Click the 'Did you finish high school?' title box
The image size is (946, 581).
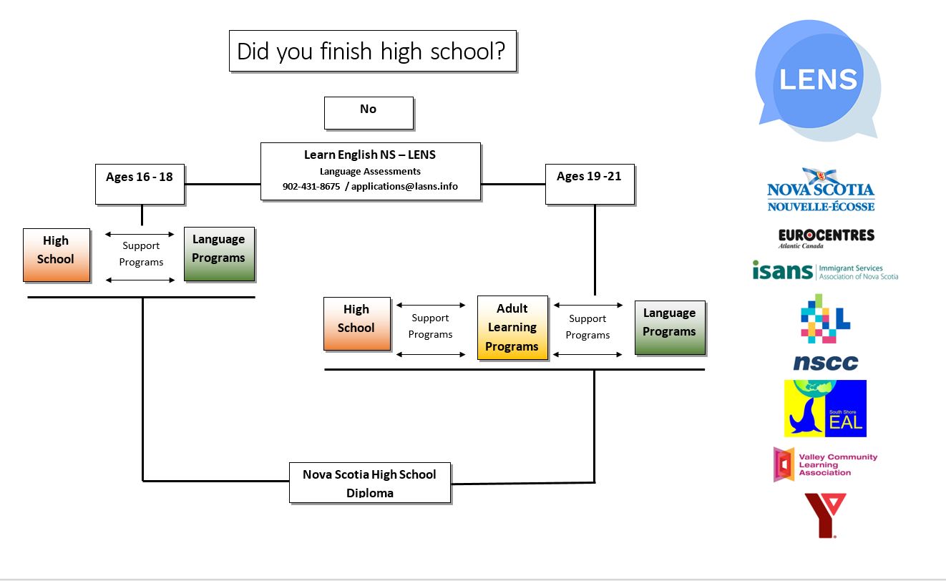pos(372,51)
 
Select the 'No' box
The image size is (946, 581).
pos(369,113)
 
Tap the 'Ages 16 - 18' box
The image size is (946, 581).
pos(140,184)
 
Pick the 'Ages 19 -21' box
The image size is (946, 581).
pos(589,184)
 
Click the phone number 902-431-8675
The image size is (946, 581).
pos(311,187)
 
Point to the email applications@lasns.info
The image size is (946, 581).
pos(404,187)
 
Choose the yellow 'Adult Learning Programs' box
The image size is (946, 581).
pos(512,328)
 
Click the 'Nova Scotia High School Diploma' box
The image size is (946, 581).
pos(369,482)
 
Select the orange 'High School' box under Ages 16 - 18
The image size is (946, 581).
pos(56,255)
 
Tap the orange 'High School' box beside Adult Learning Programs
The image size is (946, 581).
pos(356,323)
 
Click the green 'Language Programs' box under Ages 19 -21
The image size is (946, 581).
pos(670,328)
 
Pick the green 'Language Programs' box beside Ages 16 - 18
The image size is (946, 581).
pos(219,254)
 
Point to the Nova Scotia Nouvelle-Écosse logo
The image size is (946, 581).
pos(821,191)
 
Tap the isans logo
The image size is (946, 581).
pos(824,271)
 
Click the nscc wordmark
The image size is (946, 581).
pos(825,363)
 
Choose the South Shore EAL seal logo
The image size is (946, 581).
pos(825,409)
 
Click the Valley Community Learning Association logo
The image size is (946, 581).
pos(825,464)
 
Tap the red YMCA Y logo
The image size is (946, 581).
pos(825,514)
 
